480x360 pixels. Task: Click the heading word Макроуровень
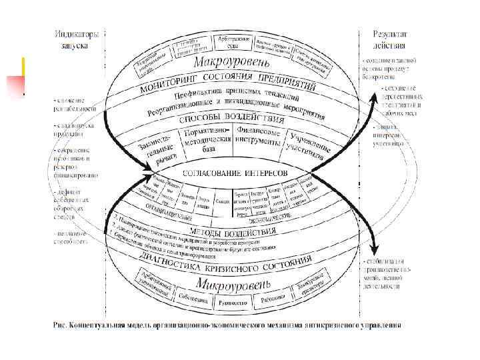(232, 64)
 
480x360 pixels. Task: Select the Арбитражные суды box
(233, 43)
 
